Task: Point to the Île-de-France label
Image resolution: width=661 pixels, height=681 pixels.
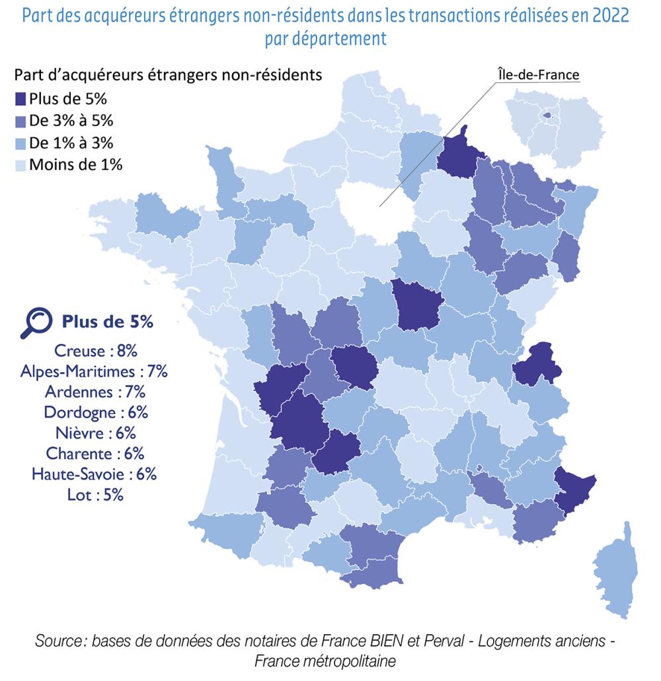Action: click(537, 75)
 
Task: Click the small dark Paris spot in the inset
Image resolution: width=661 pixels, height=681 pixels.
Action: click(547, 115)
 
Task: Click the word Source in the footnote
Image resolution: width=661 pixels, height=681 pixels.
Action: click(60, 641)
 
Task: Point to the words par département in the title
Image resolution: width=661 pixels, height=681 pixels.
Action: click(325, 38)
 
